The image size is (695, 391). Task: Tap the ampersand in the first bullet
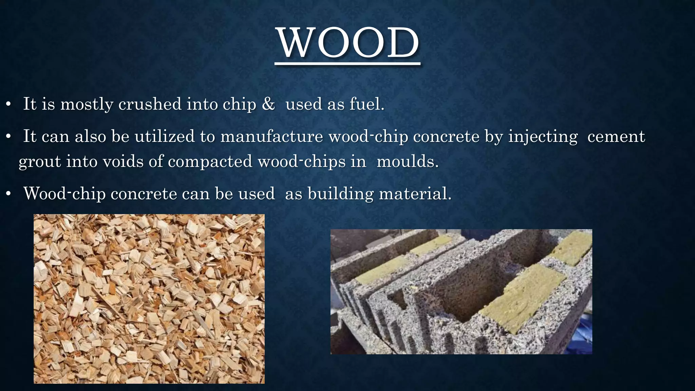point(268,104)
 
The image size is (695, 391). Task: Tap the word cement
point(616,136)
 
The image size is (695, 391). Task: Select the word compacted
point(210,161)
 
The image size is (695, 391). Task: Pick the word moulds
point(407,161)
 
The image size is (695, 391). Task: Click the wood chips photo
point(149,299)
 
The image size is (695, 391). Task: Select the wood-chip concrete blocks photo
point(461,292)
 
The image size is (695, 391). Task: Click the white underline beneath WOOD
point(347,63)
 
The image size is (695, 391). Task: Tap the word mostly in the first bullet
point(87,104)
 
